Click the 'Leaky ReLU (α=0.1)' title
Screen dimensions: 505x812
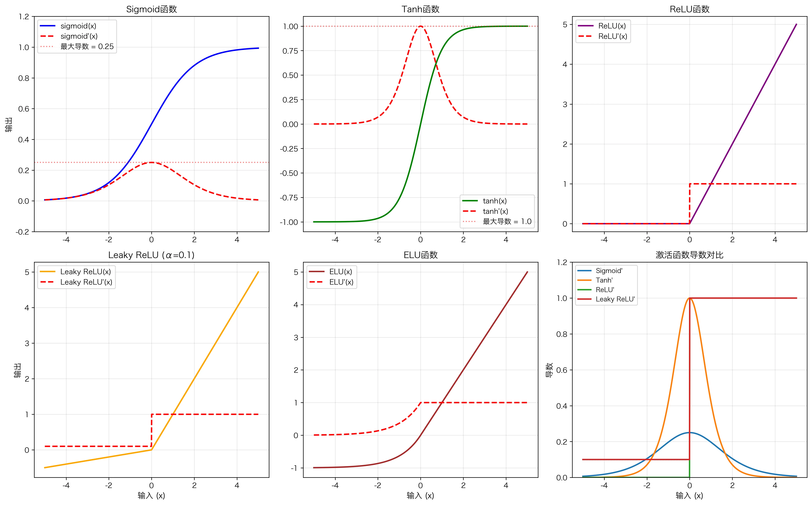coord(151,255)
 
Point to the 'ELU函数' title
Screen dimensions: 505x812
coord(420,255)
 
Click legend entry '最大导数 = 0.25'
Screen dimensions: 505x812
coord(87,46)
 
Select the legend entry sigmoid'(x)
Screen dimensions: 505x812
coord(79,36)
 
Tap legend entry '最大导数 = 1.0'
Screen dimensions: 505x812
coord(507,221)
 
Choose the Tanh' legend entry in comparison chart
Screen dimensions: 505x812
coord(604,280)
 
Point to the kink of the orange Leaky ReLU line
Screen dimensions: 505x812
coord(151,450)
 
